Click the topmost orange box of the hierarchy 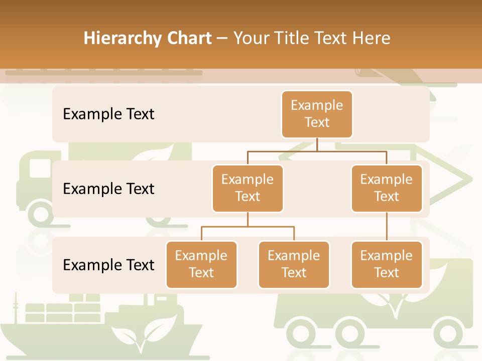(x=317, y=114)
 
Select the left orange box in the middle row (x=248, y=188)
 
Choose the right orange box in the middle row (x=387, y=188)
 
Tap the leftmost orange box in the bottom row (x=201, y=264)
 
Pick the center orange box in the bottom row (x=294, y=264)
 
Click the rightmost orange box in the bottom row (x=387, y=264)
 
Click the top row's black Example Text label (x=108, y=114)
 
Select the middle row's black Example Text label (x=108, y=189)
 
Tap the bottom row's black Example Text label (x=108, y=265)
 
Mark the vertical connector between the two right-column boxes (x=387, y=227)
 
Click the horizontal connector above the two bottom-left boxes (x=248, y=227)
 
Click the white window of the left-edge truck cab (x=40, y=168)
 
